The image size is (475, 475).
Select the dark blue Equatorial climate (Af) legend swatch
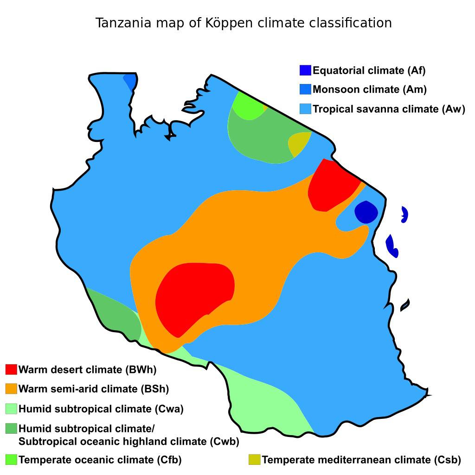[x=305, y=71]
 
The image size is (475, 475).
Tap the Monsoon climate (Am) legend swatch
[x=305, y=90]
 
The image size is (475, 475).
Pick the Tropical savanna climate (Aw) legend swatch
[x=305, y=109]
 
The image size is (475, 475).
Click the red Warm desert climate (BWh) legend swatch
[x=11, y=370]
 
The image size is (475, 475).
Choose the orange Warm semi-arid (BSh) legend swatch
[x=11, y=389]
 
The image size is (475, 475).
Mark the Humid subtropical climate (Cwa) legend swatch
[x=11, y=409]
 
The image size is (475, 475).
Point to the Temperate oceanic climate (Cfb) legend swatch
[x=11, y=460]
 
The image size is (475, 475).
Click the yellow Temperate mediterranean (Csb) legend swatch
[x=254, y=460]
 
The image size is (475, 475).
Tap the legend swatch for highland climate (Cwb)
[x=11, y=429]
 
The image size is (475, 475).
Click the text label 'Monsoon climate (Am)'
[x=369, y=90]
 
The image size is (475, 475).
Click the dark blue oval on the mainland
[x=366, y=212]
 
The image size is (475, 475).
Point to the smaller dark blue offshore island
[x=404, y=214]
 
